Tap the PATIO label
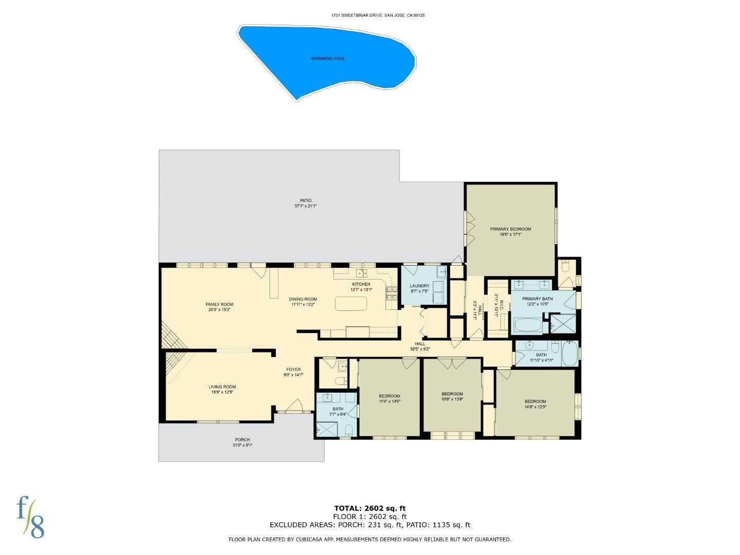tap(306, 200)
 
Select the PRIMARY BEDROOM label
tap(510, 229)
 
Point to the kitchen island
tap(351, 304)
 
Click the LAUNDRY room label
tap(419, 286)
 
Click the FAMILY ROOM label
tap(219, 305)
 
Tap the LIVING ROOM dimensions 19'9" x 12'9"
tap(223, 392)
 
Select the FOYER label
tap(293, 369)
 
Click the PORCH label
tap(243, 440)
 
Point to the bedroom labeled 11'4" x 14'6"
tap(390, 398)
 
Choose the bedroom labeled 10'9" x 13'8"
tap(452, 396)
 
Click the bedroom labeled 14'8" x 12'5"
tap(535, 404)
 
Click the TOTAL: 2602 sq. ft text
tap(370, 509)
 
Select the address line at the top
tap(378, 15)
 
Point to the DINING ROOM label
tap(303, 299)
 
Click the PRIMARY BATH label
tap(538, 299)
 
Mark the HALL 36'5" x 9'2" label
tap(420, 346)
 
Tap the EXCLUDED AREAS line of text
tap(370, 525)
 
